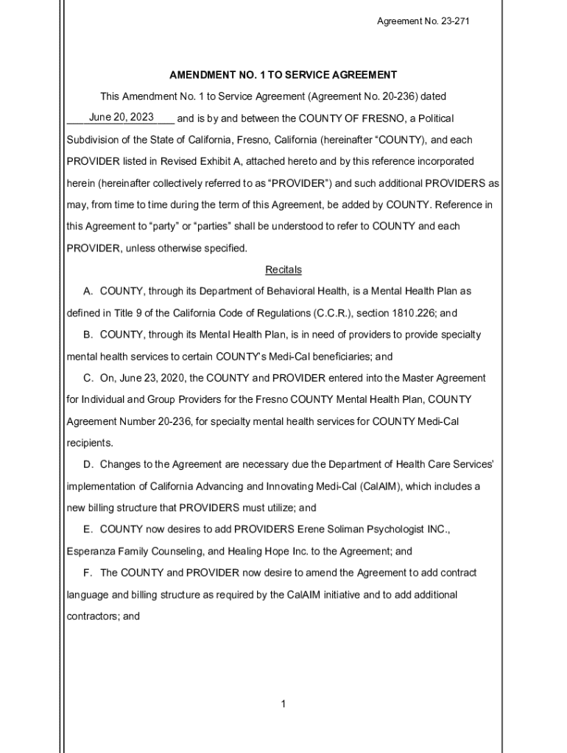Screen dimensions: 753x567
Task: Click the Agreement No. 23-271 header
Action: click(x=423, y=21)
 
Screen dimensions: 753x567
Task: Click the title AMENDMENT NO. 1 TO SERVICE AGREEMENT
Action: click(x=283, y=75)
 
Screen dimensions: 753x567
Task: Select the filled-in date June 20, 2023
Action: click(x=121, y=118)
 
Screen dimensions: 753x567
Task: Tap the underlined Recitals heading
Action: click(x=283, y=270)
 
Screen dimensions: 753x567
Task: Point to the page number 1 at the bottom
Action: click(x=283, y=704)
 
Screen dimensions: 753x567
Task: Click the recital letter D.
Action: click(x=88, y=465)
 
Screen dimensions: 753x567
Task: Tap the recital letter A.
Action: click(x=88, y=291)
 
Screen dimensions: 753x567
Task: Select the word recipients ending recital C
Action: click(x=90, y=443)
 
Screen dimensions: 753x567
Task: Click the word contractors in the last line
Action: click(x=94, y=617)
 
